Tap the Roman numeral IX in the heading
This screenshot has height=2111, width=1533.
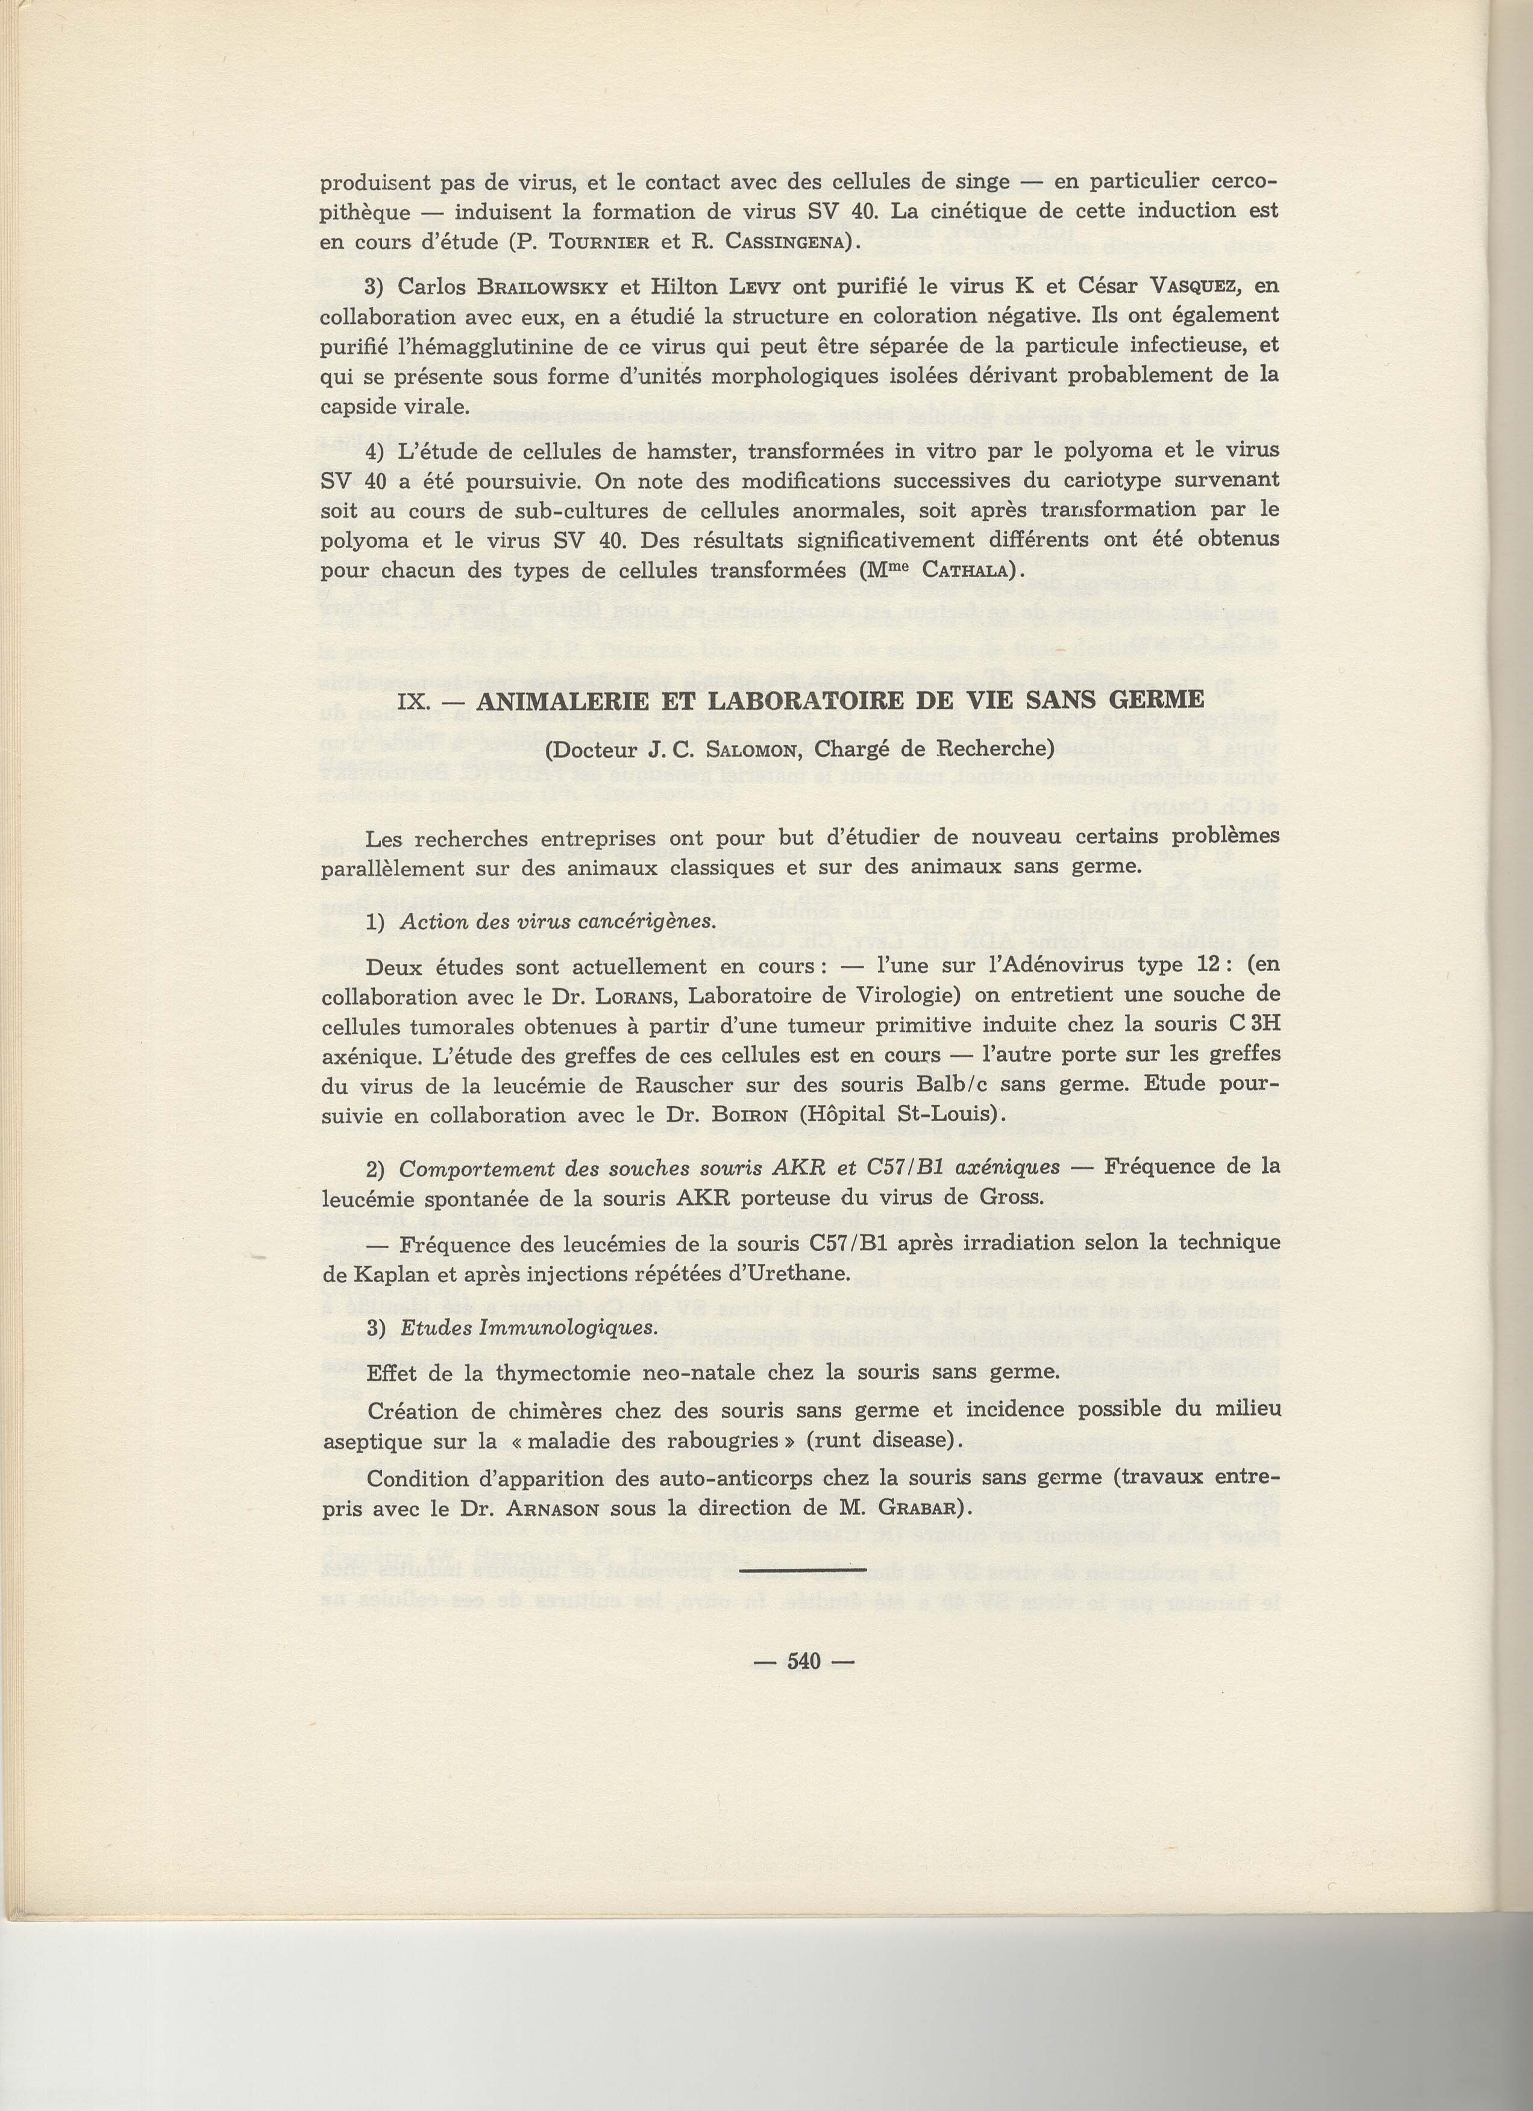[412, 701]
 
